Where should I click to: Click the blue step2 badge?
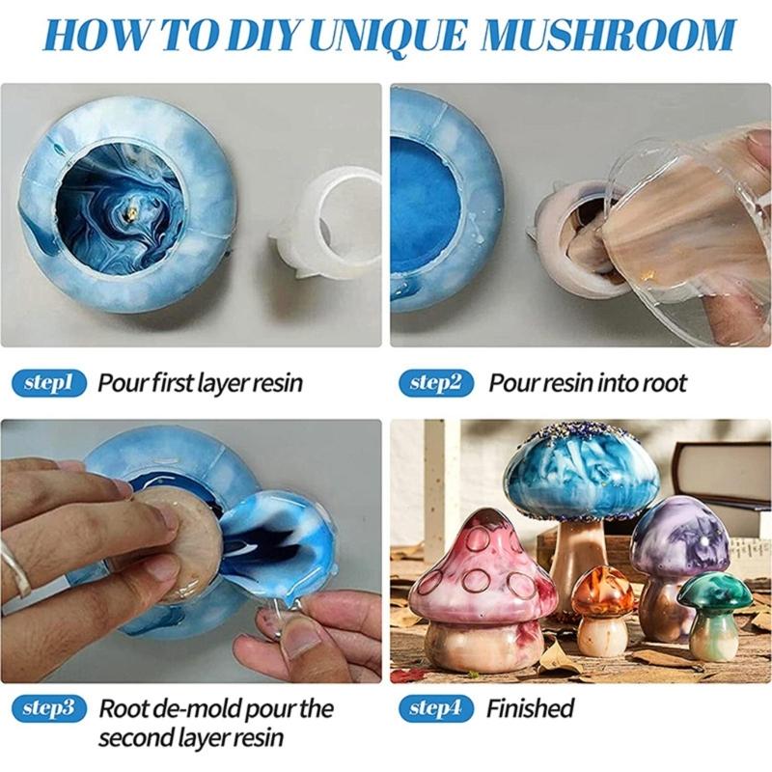point(436,382)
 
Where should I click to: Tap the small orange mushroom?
point(603,593)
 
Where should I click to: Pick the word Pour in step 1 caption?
point(120,382)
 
